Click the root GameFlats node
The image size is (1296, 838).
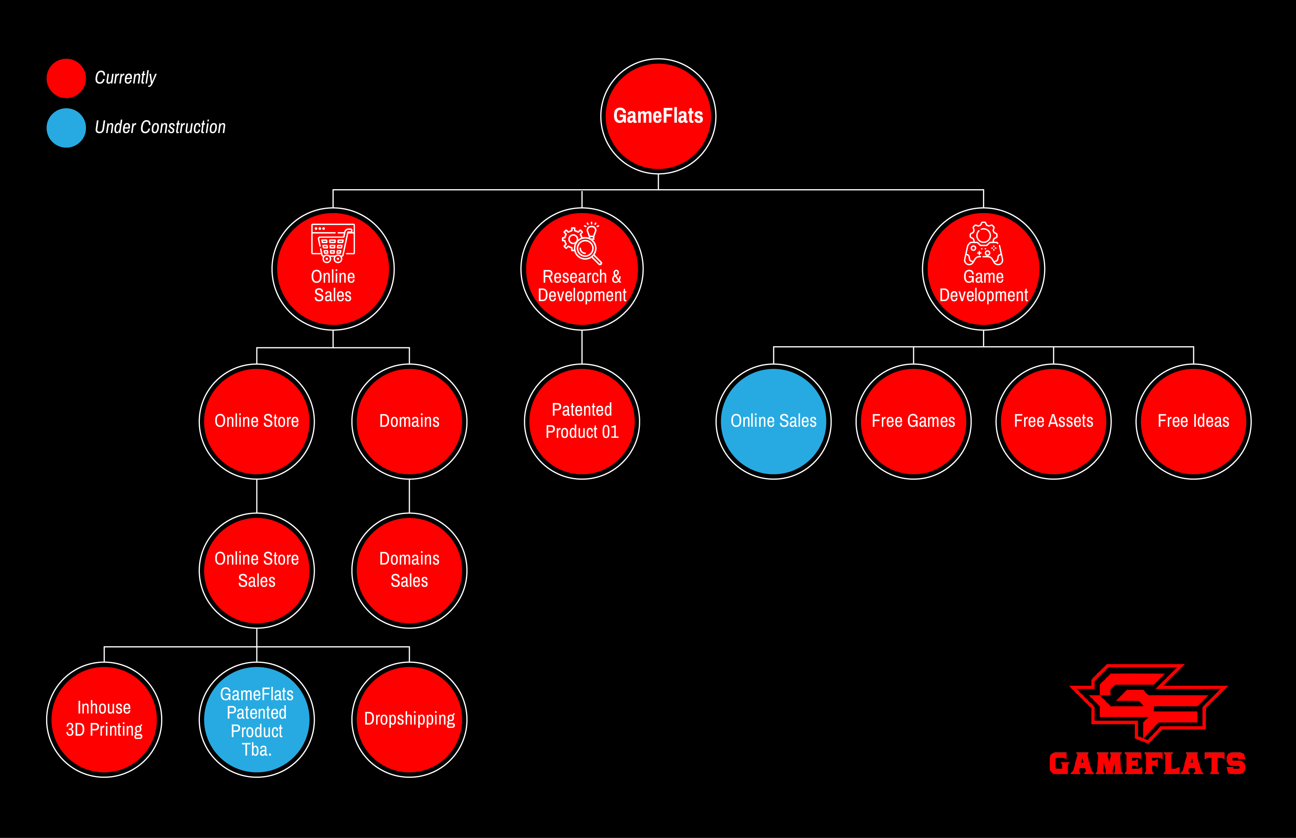[658, 116]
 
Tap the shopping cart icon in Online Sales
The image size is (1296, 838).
[332, 243]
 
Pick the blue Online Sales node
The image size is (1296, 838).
[773, 421]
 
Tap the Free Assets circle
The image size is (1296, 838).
[1053, 421]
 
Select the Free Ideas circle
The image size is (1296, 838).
[1193, 421]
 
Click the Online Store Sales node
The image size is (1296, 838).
[257, 570]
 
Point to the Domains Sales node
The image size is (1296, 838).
[409, 570]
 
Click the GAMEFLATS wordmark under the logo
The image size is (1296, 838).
[1147, 763]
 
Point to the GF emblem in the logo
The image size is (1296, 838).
[1148, 702]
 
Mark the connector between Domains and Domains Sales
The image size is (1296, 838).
[409, 496]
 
